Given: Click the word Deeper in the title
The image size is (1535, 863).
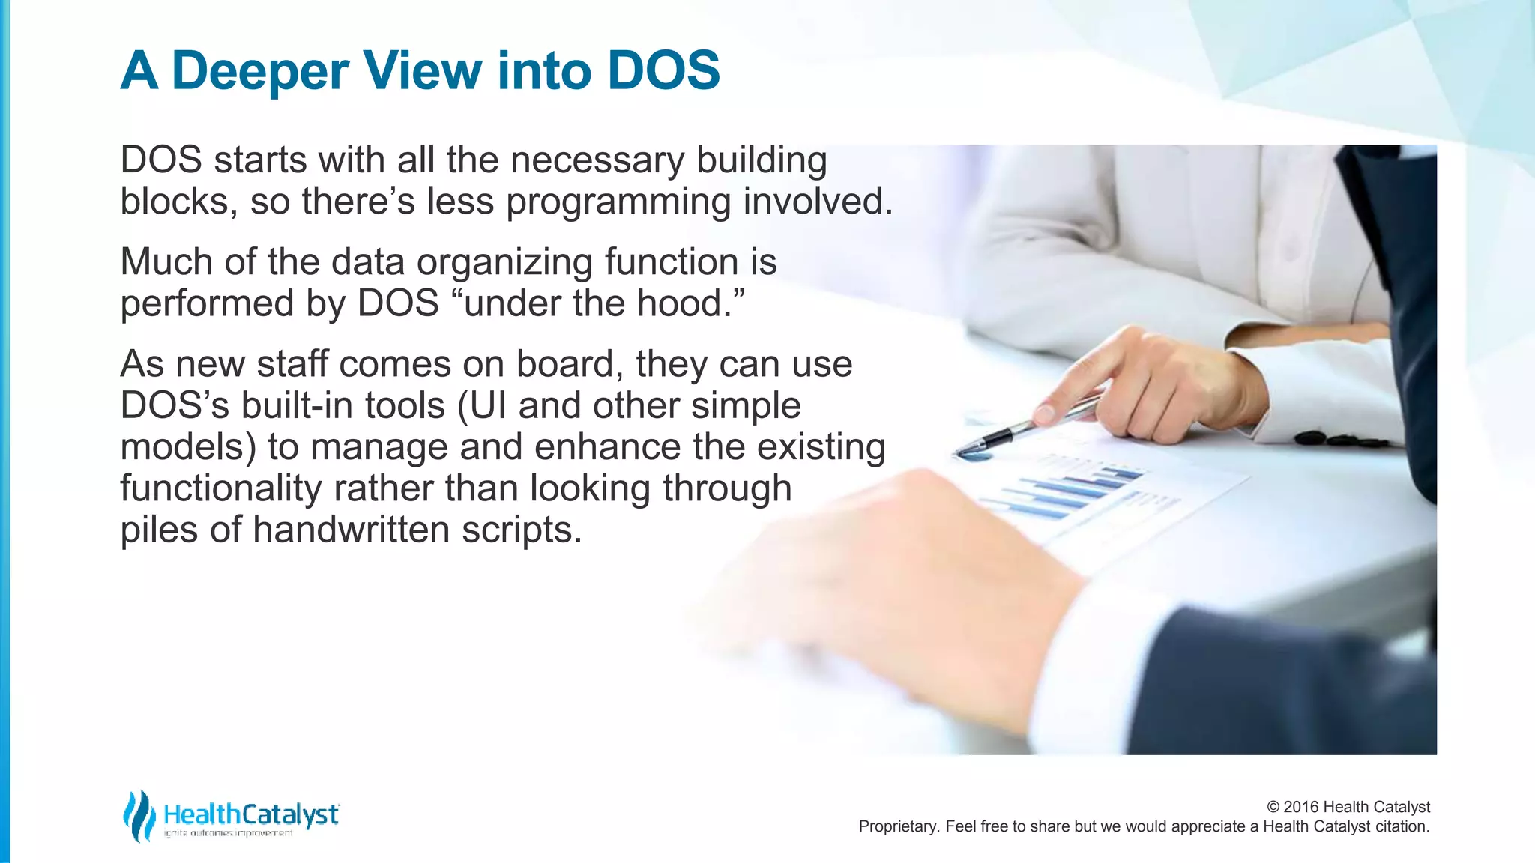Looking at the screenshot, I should click(260, 71).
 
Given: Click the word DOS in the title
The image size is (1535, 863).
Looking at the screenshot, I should click(663, 71).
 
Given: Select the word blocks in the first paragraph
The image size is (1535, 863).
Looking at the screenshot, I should click(175, 201).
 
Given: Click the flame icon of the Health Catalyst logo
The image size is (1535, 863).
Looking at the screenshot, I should click(139, 815).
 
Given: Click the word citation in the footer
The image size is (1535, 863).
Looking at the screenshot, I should click(1401, 826).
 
